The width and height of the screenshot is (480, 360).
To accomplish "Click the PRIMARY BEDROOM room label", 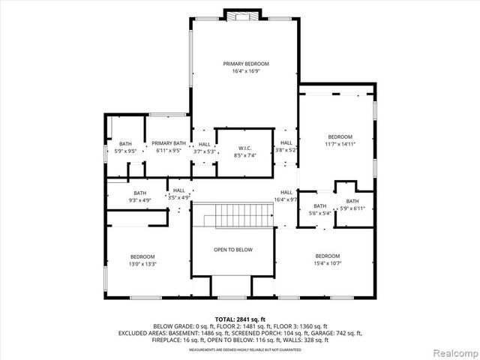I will [x=245, y=64].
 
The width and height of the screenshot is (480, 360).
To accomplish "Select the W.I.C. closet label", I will [x=244, y=147].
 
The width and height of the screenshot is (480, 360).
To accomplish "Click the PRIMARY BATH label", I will [x=169, y=142].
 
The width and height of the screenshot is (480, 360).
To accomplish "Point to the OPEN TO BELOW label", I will [x=232, y=250].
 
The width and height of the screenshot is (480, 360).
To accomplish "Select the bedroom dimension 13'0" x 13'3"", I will [x=142, y=264].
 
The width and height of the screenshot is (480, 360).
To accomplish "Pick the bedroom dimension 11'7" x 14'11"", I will [x=339, y=143].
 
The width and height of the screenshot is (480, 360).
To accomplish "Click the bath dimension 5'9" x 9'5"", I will [x=125, y=151].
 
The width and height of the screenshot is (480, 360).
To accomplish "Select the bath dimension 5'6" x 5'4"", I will [x=319, y=214].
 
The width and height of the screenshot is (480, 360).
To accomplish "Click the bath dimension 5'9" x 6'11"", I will [x=352, y=208].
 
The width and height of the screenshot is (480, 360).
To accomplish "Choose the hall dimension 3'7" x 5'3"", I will [x=204, y=151].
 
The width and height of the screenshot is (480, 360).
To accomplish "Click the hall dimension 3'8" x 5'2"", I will [x=286, y=150].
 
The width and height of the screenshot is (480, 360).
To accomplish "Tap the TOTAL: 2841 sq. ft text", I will [x=239, y=319].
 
